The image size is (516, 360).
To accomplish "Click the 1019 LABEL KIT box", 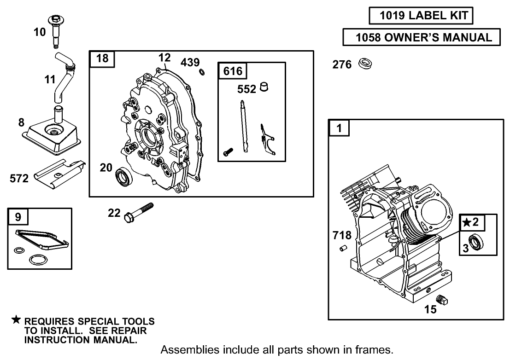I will click(421, 16).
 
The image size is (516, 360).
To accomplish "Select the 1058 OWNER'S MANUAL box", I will click(422, 37).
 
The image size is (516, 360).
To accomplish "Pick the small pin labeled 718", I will click(343, 249).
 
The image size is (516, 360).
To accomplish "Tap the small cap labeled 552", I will click(264, 87).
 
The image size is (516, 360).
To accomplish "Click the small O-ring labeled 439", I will click(202, 72).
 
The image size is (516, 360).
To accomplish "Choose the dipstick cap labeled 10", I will click(56, 30).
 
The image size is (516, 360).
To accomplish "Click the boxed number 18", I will click(102, 59).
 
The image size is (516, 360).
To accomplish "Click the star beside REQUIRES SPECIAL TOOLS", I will click(17, 320).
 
